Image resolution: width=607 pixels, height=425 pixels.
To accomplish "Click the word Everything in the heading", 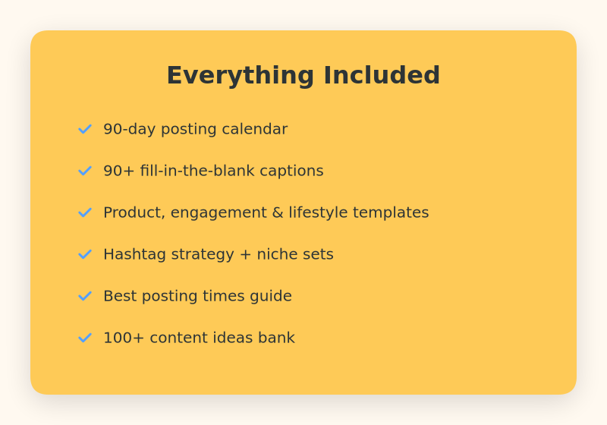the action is click(240, 76).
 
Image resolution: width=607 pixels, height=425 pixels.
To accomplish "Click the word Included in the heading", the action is click(382, 75).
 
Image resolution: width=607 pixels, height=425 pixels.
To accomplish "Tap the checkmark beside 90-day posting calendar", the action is click(85, 129).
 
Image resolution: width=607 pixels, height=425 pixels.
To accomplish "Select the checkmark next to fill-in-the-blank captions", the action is click(85, 171).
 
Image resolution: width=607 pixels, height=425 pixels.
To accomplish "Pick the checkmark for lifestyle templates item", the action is click(85, 212).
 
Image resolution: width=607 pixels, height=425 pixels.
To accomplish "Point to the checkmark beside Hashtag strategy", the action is click(85, 254).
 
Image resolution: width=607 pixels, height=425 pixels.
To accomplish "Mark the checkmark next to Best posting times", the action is click(85, 296).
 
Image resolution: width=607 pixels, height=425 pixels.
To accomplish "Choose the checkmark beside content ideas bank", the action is click(85, 338).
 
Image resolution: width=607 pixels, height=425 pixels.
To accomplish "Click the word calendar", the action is click(255, 129).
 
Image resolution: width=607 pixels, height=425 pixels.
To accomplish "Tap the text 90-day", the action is click(129, 130).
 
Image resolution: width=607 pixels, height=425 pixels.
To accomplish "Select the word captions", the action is click(291, 172).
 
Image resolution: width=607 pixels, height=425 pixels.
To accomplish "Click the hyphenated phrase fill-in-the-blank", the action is click(197, 171).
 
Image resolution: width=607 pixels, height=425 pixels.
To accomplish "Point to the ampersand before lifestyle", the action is click(278, 212).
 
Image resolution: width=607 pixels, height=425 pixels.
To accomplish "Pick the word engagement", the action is click(219, 213).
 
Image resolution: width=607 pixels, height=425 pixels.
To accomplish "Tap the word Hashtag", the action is click(135, 255).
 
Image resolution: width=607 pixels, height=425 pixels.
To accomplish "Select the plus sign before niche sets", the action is click(245, 255).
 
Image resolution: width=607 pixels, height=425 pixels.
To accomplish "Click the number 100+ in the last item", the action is click(124, 338).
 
